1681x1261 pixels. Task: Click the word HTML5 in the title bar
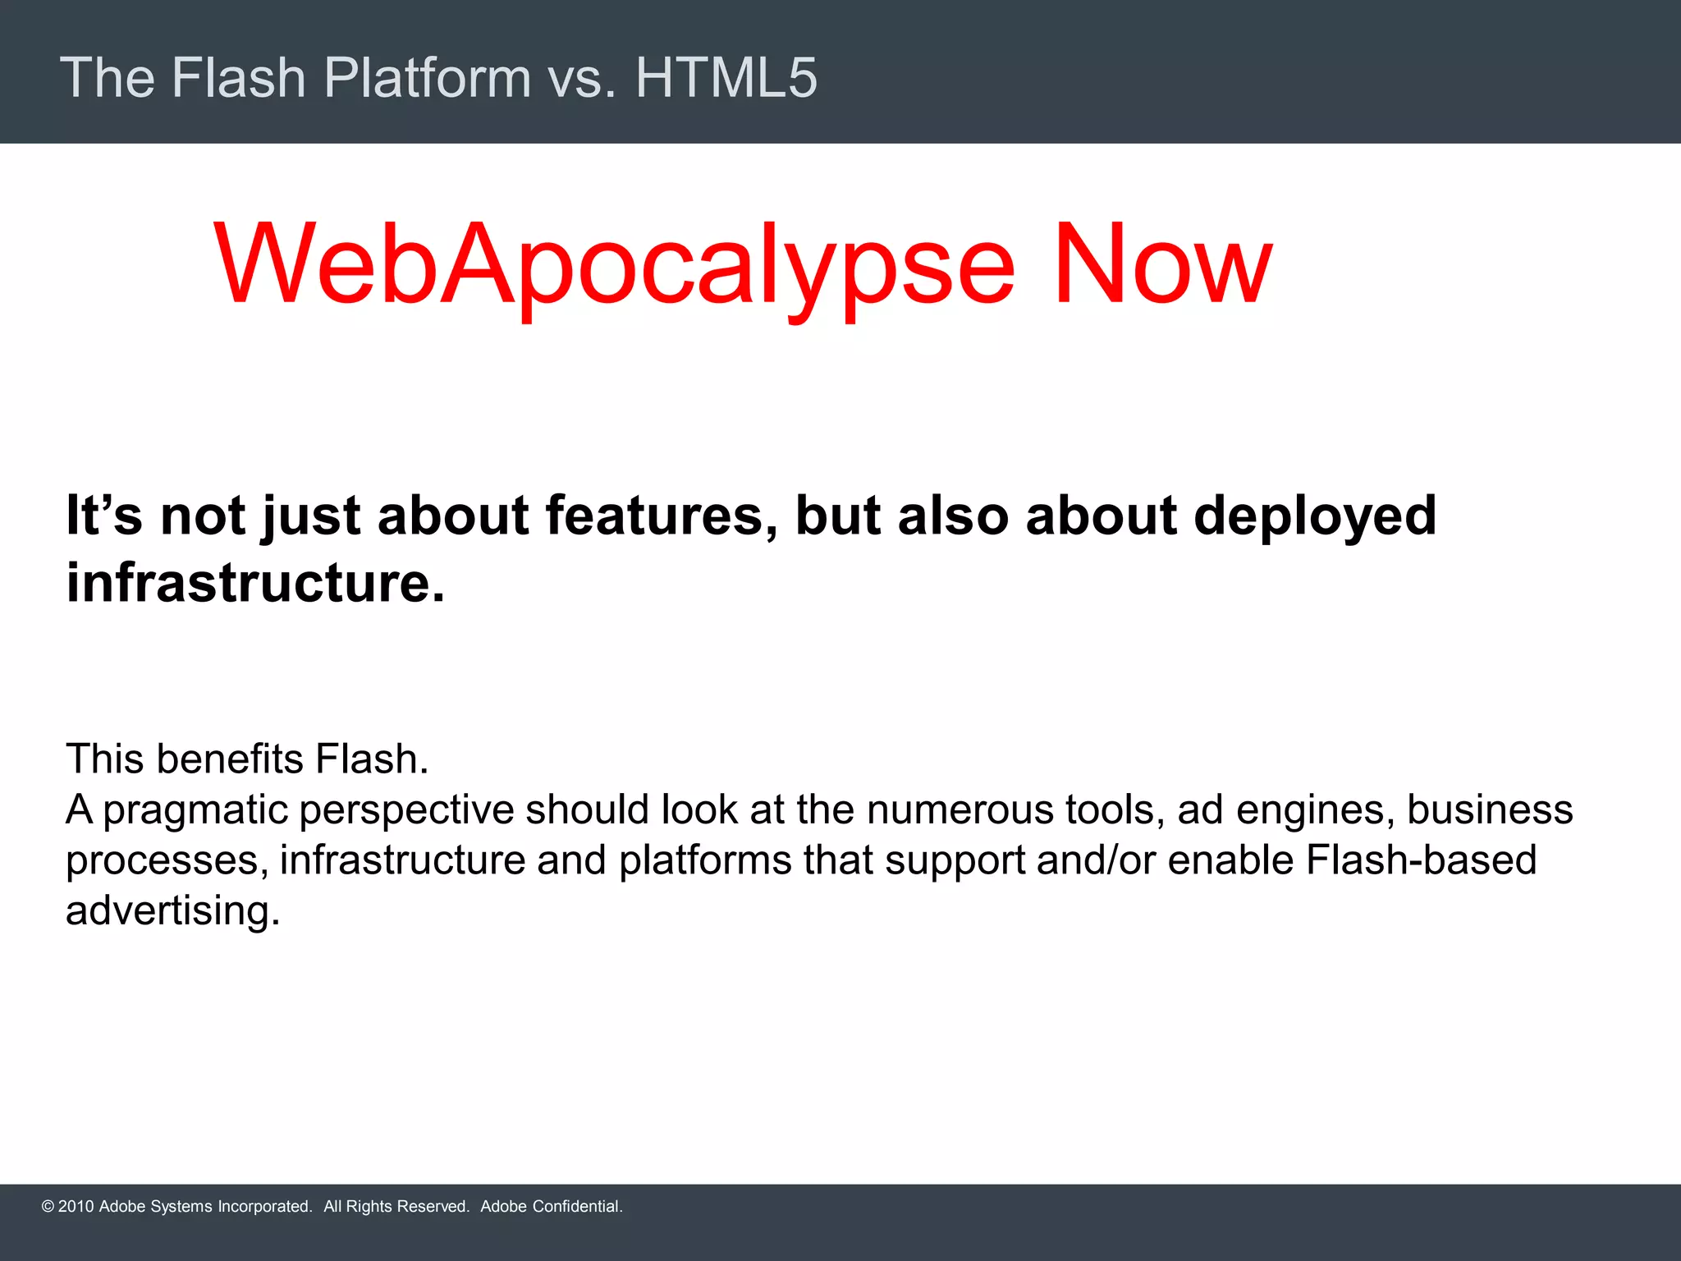pos(726,78)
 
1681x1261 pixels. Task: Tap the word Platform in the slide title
pos(428,78)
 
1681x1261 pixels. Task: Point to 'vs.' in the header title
pos(582,78)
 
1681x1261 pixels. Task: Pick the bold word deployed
pos(1314,517)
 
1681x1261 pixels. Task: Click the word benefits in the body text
pos(230,759)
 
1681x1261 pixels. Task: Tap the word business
pos(1490,809)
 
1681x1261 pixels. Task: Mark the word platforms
pos(706,861)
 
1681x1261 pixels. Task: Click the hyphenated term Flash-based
pos(1421,860)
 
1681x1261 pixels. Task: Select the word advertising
pos(172,911)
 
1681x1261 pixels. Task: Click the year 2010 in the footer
pos(76,1206)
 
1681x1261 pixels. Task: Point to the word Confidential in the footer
pos(577,1206)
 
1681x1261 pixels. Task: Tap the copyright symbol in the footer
pos(48,1206)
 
